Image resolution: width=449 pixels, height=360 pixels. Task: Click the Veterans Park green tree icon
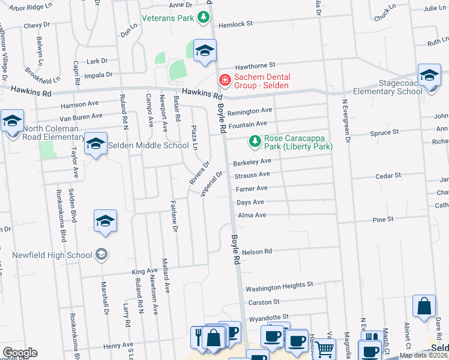[x=204, y=18]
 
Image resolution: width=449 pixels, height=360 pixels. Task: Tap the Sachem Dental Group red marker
[x=224, y=79]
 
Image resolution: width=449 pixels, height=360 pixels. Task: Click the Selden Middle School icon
[x=95, y=144]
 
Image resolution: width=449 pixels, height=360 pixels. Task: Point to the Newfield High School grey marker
[x=101, y=254]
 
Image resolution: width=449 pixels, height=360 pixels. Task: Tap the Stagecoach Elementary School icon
[x=429, y=76]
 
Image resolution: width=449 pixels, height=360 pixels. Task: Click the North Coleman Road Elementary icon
[x=12, y=122]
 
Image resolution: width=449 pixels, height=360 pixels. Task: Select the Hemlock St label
[x=236, y=24]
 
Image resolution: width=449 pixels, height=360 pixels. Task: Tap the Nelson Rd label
[x=258, y=251]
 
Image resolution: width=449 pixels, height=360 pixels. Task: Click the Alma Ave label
[x=252, y=215]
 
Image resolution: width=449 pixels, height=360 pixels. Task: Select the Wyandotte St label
[x=269, y=316]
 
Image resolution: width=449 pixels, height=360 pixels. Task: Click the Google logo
[x=20, y=353]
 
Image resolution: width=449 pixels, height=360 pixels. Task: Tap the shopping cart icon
[x=325, y=349]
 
